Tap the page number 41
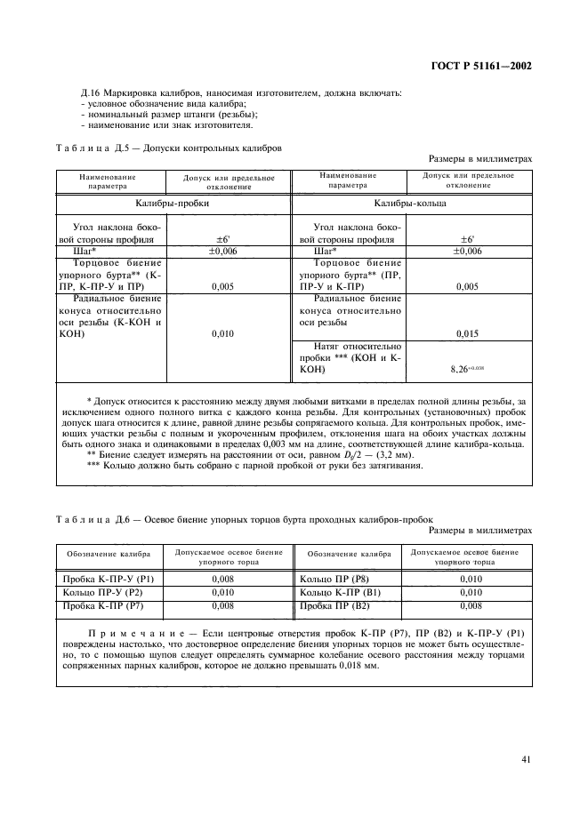(x=526, y=759)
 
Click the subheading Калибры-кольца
(x=410, y=203)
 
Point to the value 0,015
(x=467, y=333)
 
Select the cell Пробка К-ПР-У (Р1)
(x=102, y=580)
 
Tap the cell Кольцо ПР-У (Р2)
(x=98, y=592)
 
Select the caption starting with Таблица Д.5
(x=169, y=148)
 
